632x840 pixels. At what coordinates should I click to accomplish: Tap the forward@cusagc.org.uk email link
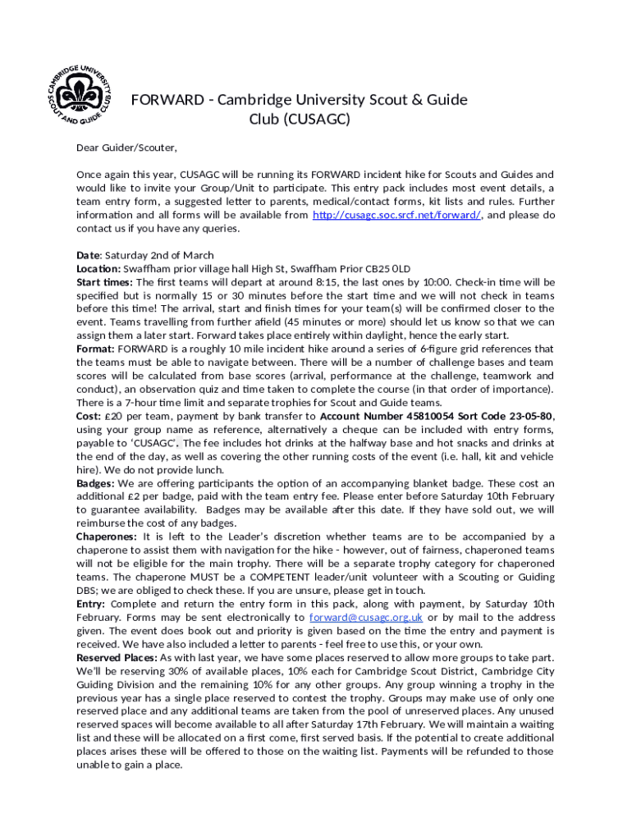click(366, 618)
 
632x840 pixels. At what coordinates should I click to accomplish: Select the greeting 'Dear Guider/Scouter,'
click(126, 148)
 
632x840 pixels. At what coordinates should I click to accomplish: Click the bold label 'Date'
click(88, 255)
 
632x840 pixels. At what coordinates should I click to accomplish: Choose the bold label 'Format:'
click(95, 349)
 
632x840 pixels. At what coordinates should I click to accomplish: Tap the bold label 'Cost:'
click(89, 416)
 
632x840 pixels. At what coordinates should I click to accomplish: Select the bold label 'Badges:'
click(96, 483)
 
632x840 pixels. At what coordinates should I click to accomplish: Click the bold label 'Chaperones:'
click(107, 537)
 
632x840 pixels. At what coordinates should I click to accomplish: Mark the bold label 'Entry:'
click(91, 604)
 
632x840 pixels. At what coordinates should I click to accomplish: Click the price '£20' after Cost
click(113, 416)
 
